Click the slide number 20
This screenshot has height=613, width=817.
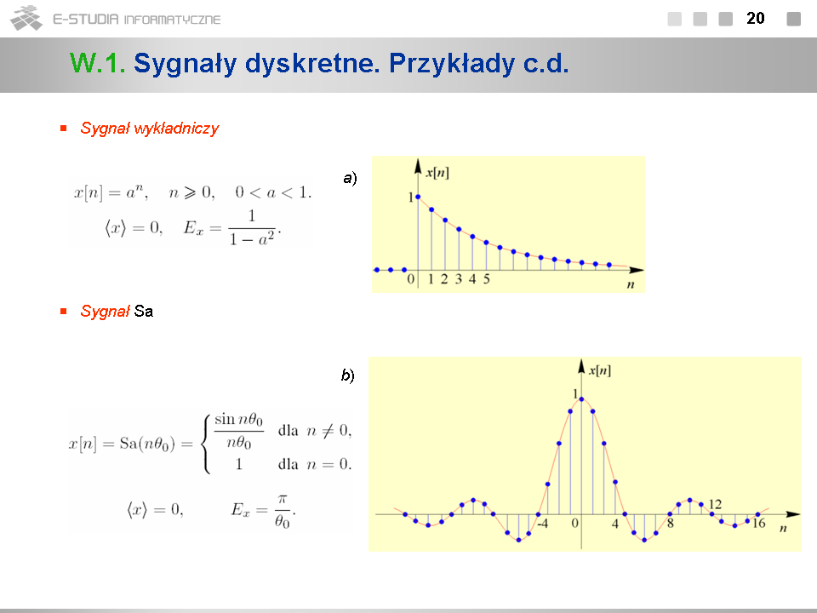pyautogui.click(x=756, y=18)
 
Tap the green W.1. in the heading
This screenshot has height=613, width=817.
pyautogui.click(x=97, y=63)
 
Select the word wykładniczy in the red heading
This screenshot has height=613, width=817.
pyautogui.click(x=176, y=129)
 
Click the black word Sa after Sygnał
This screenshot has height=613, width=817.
pyautogui.click(x=143, y=312)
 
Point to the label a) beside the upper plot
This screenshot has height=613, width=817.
pyautogui.click(x=350, y=178)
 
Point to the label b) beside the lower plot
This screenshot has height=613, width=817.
pyautogui.click(x=348, y=375)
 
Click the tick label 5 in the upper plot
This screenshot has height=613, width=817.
pyautogui.click(x=486, y=279)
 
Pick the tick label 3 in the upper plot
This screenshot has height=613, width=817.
pyautogui.click(x=459, y=279)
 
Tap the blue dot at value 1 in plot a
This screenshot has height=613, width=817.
pyautogui.click(x=418, y=197)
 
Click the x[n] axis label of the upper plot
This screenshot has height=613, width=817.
pyautogui.click(x=437, y=173)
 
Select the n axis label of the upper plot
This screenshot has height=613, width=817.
pyautogui.click(x=631, y=284)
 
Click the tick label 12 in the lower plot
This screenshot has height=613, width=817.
pyautogui.click(x=716, y=504)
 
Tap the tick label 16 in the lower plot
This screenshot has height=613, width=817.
pyautogui.click(x=758, y=524)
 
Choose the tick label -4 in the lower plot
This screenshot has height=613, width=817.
pyautogui.click(x=542, y=524)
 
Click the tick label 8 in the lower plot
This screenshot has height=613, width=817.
pyautogui.click(x=671, y=524)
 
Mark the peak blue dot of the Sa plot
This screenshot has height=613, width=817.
pyautogui.click(x=581, y=399)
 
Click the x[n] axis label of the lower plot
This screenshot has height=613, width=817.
pyautogui.click(x=600, y=370)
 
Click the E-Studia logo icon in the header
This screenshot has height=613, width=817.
pyautogui.click(x=26, y=18)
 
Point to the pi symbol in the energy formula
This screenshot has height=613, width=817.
pyautogui.click(x=282, y=500)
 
